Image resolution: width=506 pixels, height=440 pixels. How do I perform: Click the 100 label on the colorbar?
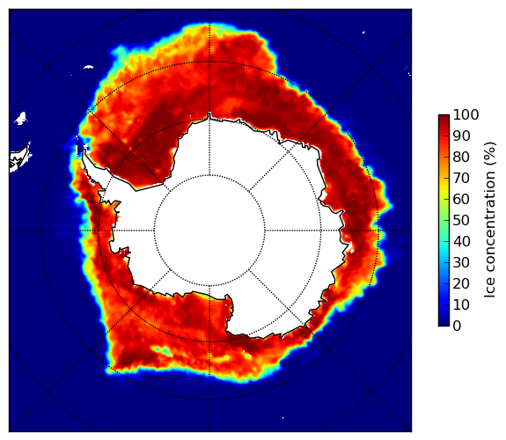click(466, 114)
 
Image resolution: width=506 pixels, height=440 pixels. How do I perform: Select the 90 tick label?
click(461, 136)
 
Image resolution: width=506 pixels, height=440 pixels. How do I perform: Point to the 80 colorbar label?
click(461, 157)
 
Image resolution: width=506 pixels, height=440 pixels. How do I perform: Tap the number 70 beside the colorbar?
click(461, 178)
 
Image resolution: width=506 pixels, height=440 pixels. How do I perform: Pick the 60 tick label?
click(461, 199)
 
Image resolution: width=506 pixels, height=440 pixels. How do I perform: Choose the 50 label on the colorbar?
click(461, 221)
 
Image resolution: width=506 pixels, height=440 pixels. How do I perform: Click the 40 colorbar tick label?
click(461, 241)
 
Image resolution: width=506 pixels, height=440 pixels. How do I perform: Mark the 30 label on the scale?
click(461, 263)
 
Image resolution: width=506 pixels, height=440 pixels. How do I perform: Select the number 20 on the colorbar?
click(461, 283)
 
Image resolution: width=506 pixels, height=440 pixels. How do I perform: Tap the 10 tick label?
click(461, 304)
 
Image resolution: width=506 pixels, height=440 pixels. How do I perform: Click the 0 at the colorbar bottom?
click(457, 326)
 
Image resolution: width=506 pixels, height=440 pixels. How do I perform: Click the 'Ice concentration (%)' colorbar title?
click(490, 220)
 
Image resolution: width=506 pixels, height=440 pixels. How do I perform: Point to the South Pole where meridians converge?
click(209, 231)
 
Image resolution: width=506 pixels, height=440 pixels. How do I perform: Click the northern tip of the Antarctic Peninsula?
click(84, 149)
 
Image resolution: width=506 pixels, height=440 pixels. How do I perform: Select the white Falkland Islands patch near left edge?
click(20, 118)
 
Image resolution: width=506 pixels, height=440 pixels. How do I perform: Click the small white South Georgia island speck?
click(88, 67)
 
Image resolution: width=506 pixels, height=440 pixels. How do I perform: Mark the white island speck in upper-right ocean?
click(363, 32)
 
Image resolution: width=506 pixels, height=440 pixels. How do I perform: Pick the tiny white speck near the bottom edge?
click(283, 418)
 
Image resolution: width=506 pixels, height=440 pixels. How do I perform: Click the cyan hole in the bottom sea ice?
click(165, 350)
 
